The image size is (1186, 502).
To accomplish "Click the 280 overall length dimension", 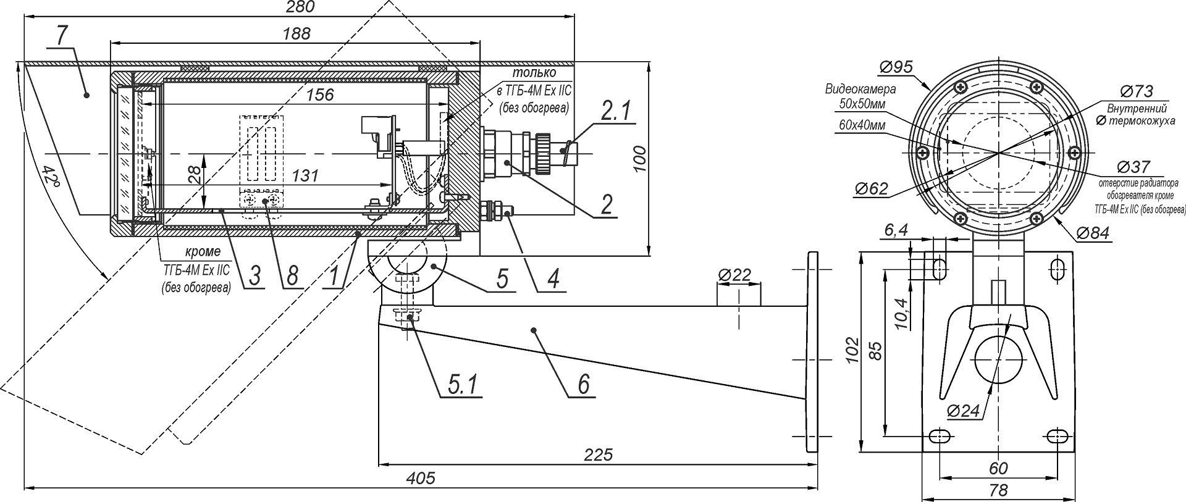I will [301, 7].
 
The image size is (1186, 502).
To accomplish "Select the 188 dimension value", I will [297, 33].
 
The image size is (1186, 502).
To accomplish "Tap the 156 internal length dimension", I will [320, 94].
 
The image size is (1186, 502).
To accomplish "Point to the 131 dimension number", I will [306, 175].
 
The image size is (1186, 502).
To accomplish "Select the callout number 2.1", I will [615, 112].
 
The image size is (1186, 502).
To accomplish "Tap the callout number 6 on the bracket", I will [584, 384].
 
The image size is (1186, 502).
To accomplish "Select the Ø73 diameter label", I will [1135, 91].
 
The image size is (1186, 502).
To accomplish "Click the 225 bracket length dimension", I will [598, 455].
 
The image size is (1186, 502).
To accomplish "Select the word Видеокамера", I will [860, 90].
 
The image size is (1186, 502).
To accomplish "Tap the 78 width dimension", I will [998, 491].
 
